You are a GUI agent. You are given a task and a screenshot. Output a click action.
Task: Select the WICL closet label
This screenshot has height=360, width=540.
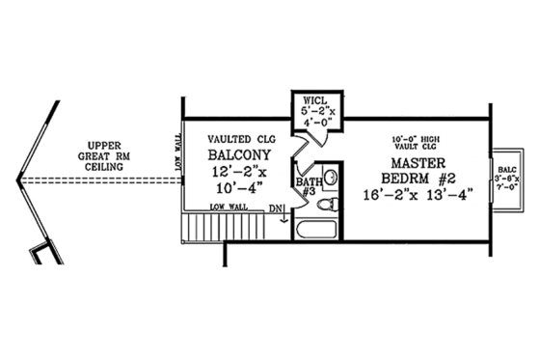point(317,99)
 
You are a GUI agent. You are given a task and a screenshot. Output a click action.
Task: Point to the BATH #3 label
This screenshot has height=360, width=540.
point(309,187)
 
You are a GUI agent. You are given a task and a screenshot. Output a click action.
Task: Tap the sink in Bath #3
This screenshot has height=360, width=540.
point(331,177)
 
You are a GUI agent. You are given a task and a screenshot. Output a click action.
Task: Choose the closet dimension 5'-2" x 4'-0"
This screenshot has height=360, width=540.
point(317,117)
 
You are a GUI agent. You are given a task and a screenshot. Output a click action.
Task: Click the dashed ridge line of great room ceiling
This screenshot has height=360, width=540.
point(96,180)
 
